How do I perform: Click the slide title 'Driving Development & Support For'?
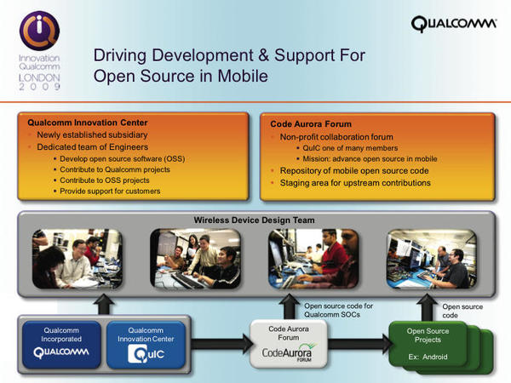[229, 56]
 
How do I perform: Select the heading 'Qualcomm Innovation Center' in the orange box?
[82, 123]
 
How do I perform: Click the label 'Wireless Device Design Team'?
[255, 220]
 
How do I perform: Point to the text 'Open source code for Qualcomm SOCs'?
[338, 309]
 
